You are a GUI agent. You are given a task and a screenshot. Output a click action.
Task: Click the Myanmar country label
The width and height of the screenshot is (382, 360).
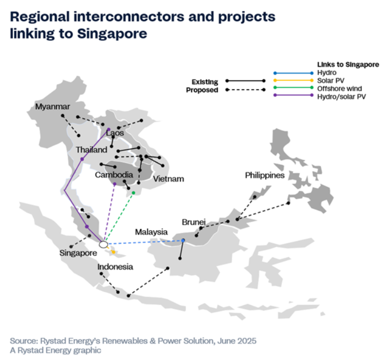click(53, 107)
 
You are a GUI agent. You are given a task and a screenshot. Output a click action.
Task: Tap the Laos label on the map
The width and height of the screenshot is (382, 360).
click(115, 133)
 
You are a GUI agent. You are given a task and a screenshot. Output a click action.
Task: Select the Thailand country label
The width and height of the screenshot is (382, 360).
click(91, 150)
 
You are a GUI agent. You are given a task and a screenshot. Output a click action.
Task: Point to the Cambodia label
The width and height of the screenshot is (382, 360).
click(114, 175)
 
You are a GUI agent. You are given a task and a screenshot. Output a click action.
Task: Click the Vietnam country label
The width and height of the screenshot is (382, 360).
click(168, 179)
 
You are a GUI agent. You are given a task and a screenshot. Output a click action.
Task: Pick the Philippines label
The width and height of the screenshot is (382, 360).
click(265, 175)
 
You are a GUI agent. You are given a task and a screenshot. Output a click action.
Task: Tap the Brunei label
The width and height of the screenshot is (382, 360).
click(194, 222)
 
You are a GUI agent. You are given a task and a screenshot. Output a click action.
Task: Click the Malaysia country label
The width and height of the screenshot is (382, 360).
click(151, 232)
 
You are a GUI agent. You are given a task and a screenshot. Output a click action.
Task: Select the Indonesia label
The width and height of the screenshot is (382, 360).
click(115, 267)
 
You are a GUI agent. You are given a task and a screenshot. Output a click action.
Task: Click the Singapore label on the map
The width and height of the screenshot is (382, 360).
click(78, 253)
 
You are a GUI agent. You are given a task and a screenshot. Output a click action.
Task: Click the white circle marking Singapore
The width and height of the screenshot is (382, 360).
click(104, 244)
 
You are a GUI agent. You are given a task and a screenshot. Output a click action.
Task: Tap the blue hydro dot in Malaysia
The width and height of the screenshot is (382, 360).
click(183, 241)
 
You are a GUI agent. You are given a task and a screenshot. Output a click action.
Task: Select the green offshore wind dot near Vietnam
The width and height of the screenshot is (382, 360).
click(133, 193)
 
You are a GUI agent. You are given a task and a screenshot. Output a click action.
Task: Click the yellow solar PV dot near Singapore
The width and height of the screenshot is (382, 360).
click(113, 252)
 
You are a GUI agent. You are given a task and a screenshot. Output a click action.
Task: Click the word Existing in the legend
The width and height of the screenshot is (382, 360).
click(205, 82)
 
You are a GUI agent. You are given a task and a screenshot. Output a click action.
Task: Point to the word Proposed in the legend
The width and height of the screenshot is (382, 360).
click(202, 90)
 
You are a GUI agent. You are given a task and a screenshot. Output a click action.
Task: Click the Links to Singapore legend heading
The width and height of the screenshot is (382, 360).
click(348, 65)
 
